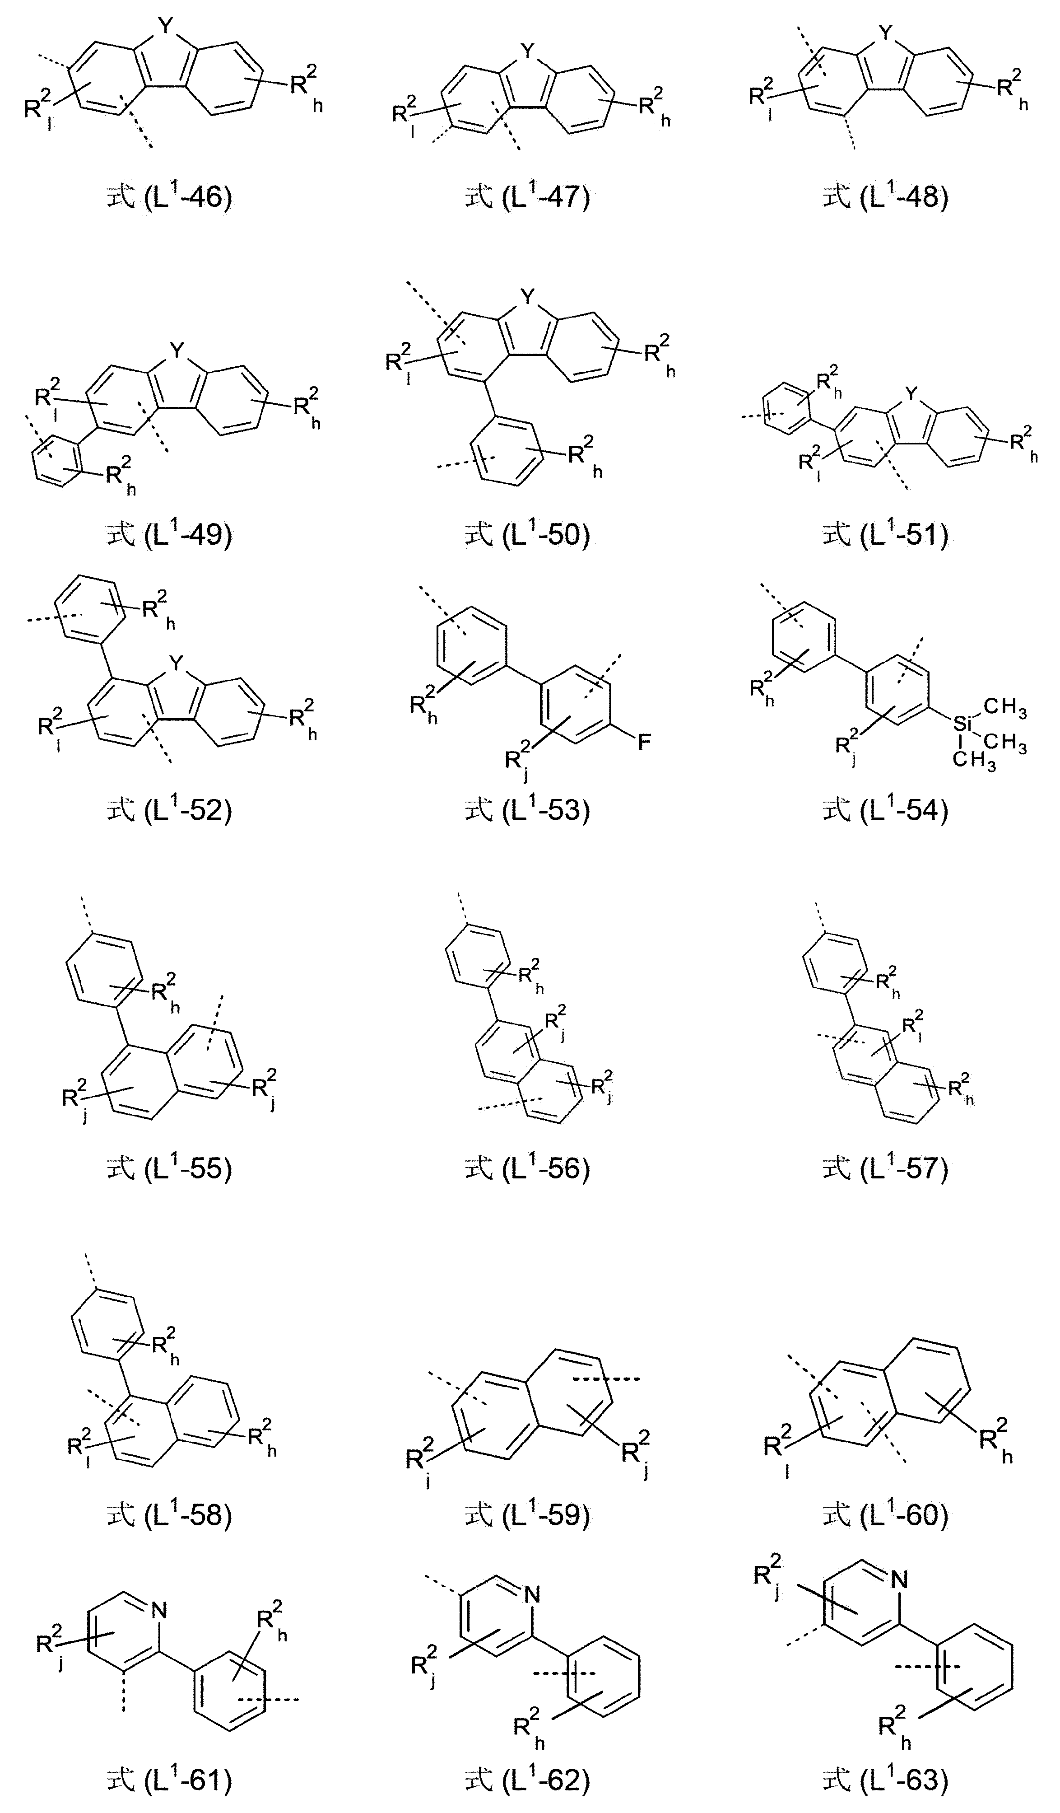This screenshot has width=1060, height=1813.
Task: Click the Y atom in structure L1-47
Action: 529,51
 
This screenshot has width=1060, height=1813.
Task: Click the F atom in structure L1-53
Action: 644,742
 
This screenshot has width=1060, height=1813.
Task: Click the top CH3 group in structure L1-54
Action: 1005,708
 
